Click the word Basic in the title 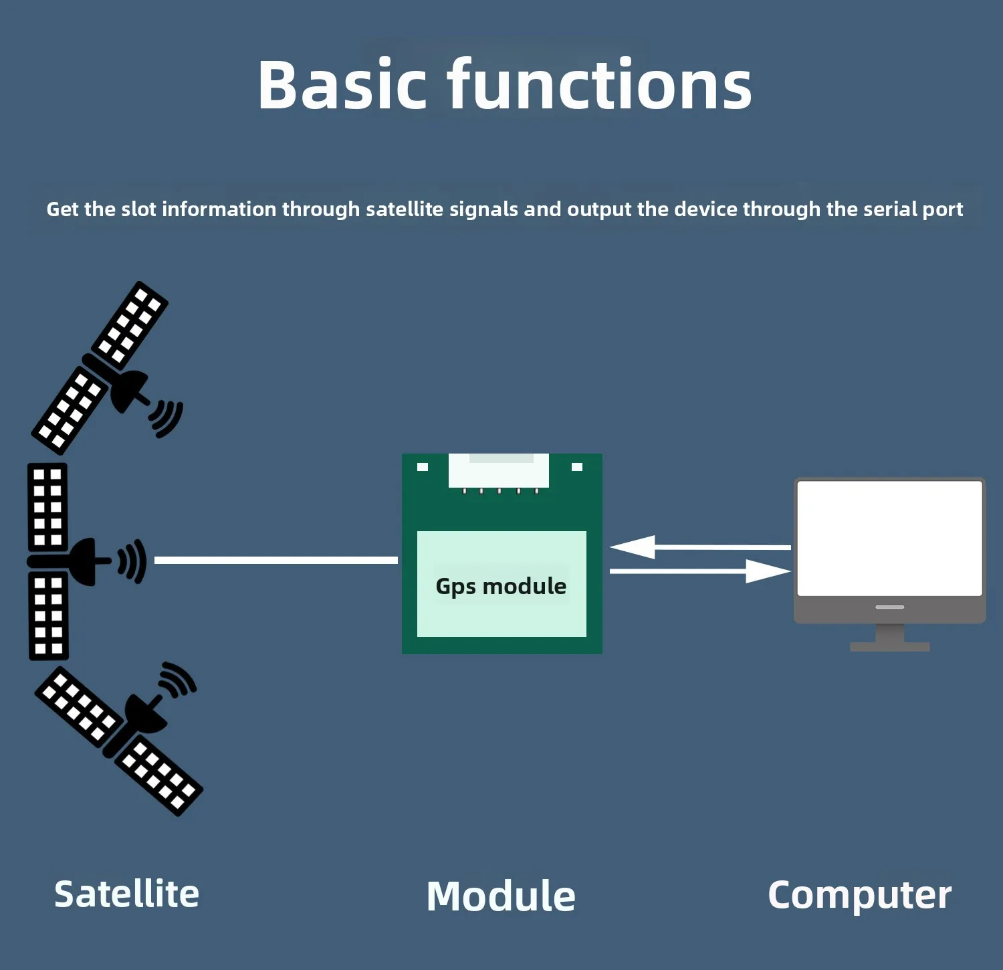point(342,85)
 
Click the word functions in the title point(600,85)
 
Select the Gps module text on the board point(501,586)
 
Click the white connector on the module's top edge point(499,471)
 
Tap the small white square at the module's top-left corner point(423,467)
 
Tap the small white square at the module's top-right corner point(577,467)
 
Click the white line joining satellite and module point(275,560)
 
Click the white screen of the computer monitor point(889,537)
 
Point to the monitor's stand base point(889,646)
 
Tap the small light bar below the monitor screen point(889,607)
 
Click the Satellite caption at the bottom point(126,894)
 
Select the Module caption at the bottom point(501,896)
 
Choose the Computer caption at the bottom point(859,895)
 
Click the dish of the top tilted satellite point(128,390)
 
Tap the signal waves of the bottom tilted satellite point(177,680)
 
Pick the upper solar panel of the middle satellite point(47,506)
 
